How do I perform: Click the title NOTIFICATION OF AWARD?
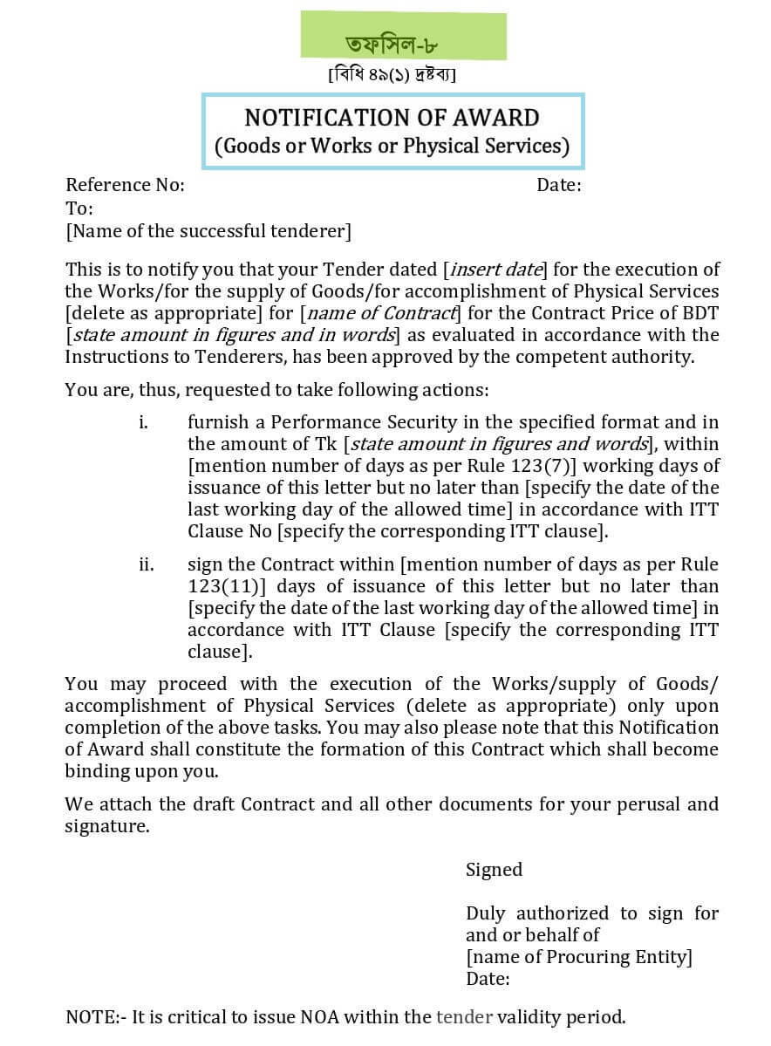tap(392, 118)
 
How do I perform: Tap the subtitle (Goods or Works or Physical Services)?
tap(392, 145)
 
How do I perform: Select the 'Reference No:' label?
tap(125, 185)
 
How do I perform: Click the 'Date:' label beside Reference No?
tap(558, 185)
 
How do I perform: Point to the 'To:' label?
tap(78, 209)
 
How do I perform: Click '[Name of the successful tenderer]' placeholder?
tap(208, 231)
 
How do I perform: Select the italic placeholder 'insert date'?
tap(495, 270)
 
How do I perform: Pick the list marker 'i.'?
tap(143, 422)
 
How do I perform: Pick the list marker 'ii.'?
tap(146, 564)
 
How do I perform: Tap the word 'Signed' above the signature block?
tap(494, 870)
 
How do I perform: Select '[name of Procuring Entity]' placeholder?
tap(579, 957)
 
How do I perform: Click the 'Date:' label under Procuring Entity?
tap(488, 979)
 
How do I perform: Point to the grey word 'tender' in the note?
tap(464, 1017)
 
